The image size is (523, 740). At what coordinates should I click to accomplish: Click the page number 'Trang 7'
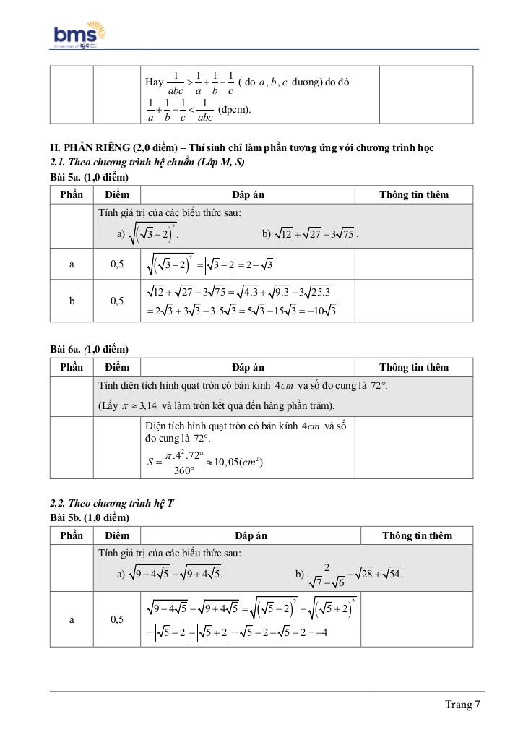click(x=462, y=705)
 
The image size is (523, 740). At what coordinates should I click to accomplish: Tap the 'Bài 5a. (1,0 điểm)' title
click(x=89, y=177)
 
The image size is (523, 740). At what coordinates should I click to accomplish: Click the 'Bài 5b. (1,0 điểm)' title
click(x=89, y=517)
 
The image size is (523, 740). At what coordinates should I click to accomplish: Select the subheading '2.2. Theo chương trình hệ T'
click(x=111, y=504)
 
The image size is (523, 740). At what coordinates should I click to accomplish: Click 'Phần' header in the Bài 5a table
click(x=72, y=194)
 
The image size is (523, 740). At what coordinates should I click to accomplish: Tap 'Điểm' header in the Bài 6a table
click(x=116, y=367)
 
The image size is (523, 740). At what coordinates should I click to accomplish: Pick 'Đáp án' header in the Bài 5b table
click(x=251, y=535)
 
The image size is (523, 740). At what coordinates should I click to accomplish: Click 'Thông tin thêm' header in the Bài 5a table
click(x=414, y=194)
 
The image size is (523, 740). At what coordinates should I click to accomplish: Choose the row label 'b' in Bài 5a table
click(x=72, y=301)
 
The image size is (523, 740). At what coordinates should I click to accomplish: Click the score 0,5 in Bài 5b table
click(x=117, y=619)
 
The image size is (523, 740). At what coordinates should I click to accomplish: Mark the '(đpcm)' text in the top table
click(x=234, y=111)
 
